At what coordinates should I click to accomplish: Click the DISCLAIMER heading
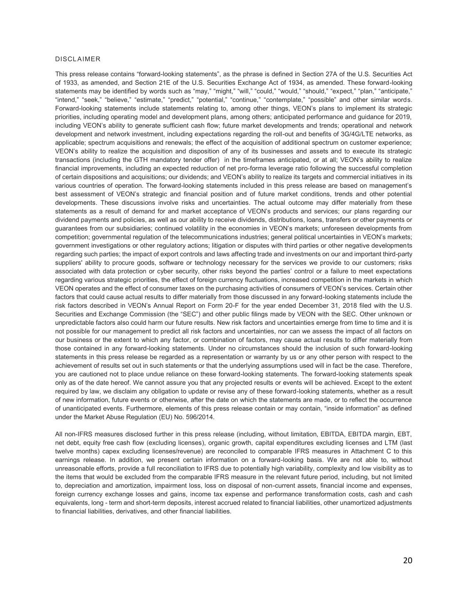[x=78, y=59]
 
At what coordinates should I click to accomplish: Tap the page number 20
[x=408, y=561]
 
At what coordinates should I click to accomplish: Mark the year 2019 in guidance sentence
[x=405, y=117]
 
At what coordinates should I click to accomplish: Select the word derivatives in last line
[x=128, y=512]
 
